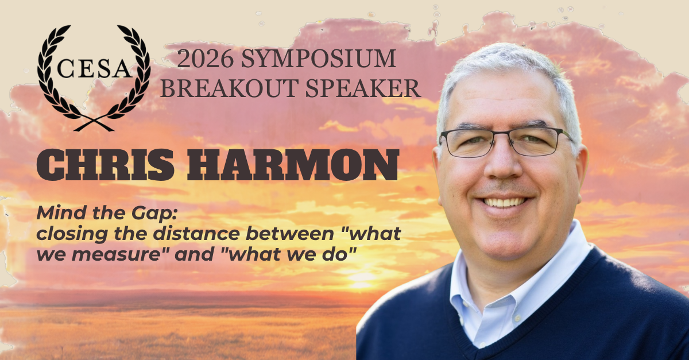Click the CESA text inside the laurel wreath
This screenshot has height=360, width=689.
tap(94, 68)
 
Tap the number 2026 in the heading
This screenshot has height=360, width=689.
tap(205, 59)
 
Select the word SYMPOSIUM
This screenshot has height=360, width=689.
tap(318, 59)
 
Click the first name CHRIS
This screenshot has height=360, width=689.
tap(105, 165)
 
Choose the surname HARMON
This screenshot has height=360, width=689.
tap(293, 165)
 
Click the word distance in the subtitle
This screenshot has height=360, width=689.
tap(196, 234)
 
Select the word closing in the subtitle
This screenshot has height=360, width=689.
tap(72, 234)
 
